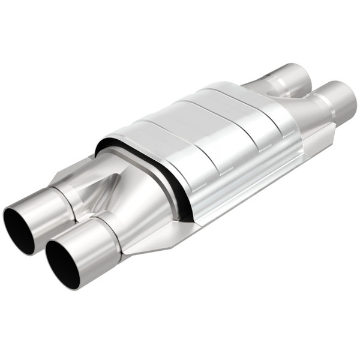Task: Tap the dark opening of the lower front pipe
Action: click(63, 265)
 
